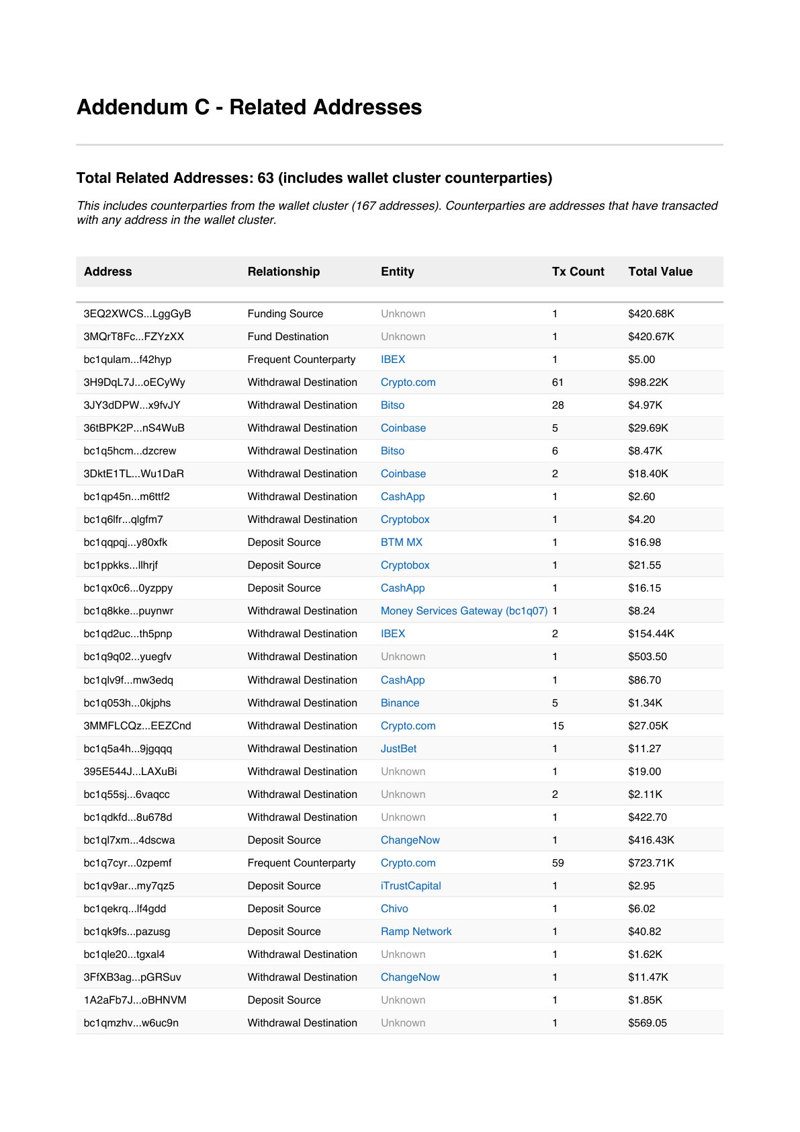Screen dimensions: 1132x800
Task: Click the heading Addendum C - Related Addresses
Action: [x=249, y=107]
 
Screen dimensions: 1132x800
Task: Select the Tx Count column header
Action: [x=578, y=272]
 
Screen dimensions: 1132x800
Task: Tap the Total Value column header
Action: [x=660, y=272]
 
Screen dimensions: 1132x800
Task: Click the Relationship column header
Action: [x=283, y=272]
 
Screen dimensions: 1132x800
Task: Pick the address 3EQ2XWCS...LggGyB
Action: [x=137, y=314]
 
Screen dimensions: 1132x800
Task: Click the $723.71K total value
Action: [x=651, y=863]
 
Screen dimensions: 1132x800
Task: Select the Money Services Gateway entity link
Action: [x=463, y=611]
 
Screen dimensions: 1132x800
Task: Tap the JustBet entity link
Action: [x=398, y=749]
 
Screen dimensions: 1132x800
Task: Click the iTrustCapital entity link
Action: [x=410, y=886]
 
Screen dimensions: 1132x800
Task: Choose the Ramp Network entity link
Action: [x=416, y=932]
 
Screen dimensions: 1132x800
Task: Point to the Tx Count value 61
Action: [x=557, y=382]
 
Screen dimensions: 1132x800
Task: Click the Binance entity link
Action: [x=400, y=703]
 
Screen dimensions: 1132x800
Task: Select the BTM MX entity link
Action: [x=401, y=542]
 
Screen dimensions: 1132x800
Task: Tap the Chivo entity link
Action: [x=394, y=909]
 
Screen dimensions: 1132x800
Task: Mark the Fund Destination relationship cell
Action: [x=287, y=337]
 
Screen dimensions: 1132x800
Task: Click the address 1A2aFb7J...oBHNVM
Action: [x=135, y=1000]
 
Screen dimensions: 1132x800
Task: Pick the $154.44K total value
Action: [x=651, y=634]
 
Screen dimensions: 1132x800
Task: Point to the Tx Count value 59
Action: [x=558, y=863]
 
